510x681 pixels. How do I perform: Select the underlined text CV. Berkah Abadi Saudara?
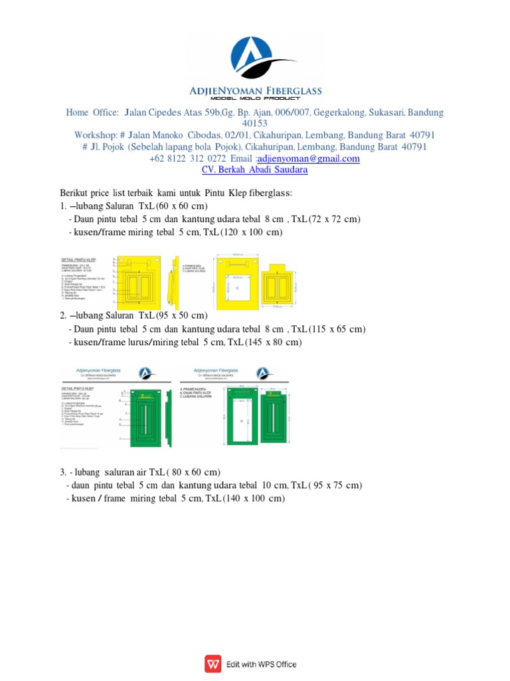point(254,170)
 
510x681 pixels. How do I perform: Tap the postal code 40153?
point(255,124)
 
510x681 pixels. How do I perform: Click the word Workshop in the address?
point(96,135)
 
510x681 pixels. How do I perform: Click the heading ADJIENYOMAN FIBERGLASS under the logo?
point(255,91)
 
